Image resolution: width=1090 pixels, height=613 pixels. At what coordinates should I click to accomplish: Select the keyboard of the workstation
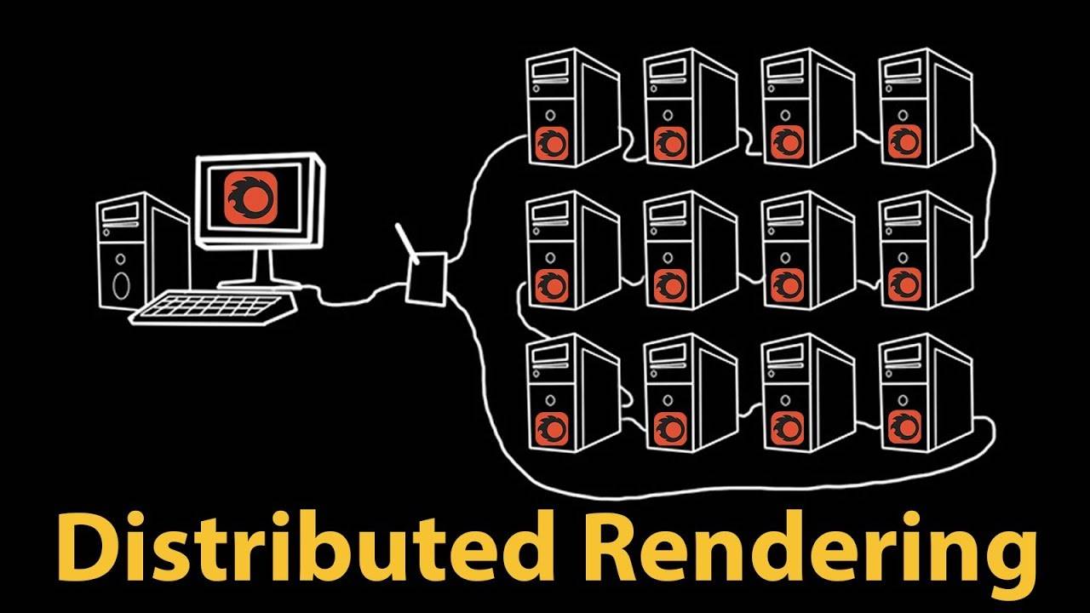pos(213,307)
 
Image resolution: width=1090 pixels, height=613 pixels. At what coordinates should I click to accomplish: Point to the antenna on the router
pos(407,243)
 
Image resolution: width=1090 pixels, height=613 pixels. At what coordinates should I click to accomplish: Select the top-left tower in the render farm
pos(573,107)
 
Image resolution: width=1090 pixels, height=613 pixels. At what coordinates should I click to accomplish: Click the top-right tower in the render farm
pos(926,107)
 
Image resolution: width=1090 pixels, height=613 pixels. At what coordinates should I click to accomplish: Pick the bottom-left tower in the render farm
pos(573,392)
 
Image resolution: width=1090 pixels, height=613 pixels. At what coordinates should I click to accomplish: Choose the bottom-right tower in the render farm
pos(926,392)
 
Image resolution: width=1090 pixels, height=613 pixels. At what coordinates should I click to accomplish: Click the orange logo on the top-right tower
pos(904,142)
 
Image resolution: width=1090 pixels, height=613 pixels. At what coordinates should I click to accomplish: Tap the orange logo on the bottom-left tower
pos(552,428)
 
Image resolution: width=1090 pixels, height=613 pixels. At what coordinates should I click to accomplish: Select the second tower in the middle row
pos(691,250)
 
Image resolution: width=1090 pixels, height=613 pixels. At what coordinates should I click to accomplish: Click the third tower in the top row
pos(809,107)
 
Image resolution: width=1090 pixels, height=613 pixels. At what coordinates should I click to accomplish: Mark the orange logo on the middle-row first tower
pos(552,285)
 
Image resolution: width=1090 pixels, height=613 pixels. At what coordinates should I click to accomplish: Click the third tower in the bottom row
pos(809,392)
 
